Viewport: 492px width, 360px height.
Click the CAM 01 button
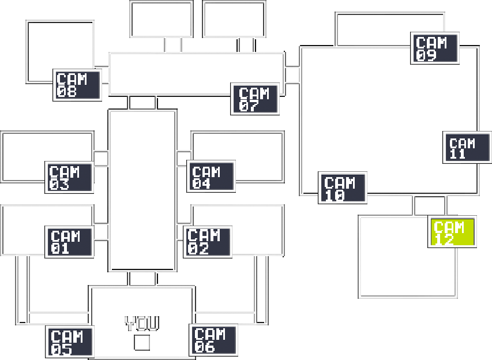(69, 242)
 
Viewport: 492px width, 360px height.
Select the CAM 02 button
(208, 242)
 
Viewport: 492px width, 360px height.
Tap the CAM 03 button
(69, 177)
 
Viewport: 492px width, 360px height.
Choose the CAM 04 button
(211, 176)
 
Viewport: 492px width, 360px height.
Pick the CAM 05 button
(70, 342)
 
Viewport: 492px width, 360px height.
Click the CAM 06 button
(213, 340)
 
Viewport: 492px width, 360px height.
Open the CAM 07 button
(255, 99)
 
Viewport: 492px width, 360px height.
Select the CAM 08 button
(77, 85)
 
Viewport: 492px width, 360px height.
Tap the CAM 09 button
(435, 48)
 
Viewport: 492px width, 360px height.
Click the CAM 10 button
(343, 187)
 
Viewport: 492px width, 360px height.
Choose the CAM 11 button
(467, 147)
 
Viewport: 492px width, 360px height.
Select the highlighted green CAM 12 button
(452, 231)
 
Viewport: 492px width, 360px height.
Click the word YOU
(142, 324)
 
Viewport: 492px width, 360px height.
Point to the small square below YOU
(142, 343)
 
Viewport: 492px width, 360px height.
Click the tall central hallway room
(142, 190)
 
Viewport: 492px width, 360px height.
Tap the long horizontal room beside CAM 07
(197, 74)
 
